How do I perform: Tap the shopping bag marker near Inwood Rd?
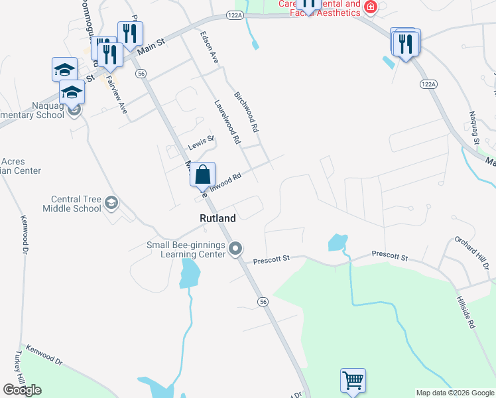(203, 175)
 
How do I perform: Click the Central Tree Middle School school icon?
(111, 202)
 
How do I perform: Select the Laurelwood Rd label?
(226, 123)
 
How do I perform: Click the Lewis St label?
(202, 141)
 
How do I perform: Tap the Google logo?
(22, 390)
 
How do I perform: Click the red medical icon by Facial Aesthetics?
(370, 8)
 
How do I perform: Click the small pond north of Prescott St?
(338, 243)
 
